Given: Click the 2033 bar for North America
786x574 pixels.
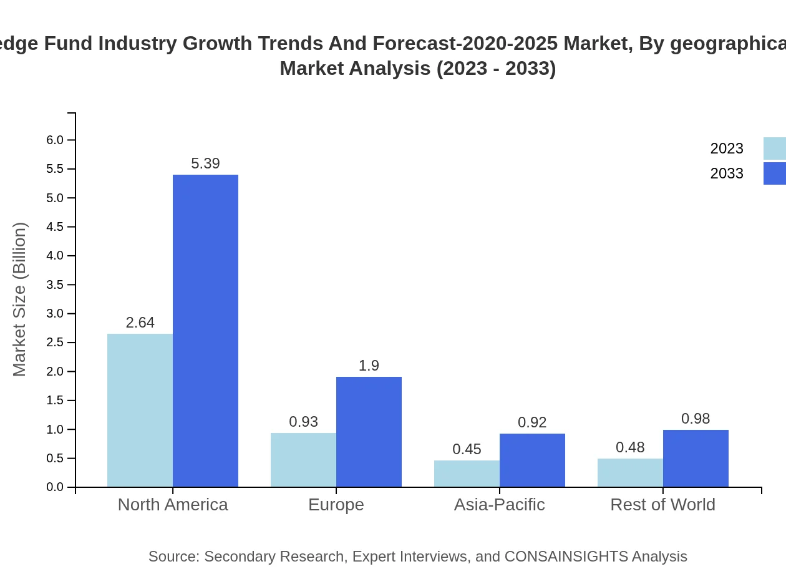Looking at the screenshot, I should (x=205, y=331).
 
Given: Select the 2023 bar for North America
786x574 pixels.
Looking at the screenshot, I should (x=140, y=410).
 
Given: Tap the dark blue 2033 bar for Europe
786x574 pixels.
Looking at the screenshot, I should (x=369, y=432).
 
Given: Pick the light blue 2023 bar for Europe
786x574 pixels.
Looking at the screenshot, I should (x=303, y=460).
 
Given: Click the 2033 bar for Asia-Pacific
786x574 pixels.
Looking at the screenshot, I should (x=532, y=460).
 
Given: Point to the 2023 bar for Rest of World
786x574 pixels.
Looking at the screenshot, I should (x=630, y=472).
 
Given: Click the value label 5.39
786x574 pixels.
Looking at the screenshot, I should (x=205, y=163).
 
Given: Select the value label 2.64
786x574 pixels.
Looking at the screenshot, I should (x=140, y=323).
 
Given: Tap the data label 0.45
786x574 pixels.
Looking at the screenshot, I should (x=467, y=449).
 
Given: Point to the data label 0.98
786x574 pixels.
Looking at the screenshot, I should (x=696, y=419).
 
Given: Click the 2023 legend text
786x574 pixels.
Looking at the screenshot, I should (x=727, y=148).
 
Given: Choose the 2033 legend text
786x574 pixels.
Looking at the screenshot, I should (x=727, y=173).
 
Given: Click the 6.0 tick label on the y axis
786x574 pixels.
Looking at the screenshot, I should (x=56, y=140).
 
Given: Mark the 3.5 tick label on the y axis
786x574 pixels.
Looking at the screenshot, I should (x=56, y=285).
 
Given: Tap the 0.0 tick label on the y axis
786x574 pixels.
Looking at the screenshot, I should (x=56, y=487).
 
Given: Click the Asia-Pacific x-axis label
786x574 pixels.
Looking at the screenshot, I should (x=499, y=504).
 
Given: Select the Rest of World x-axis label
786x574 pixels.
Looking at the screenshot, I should (x=662, y=504).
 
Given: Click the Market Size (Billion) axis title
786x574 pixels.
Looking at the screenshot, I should (x=20, y=299).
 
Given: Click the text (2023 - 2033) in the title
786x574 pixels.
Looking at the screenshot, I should (x=496, y=68).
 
